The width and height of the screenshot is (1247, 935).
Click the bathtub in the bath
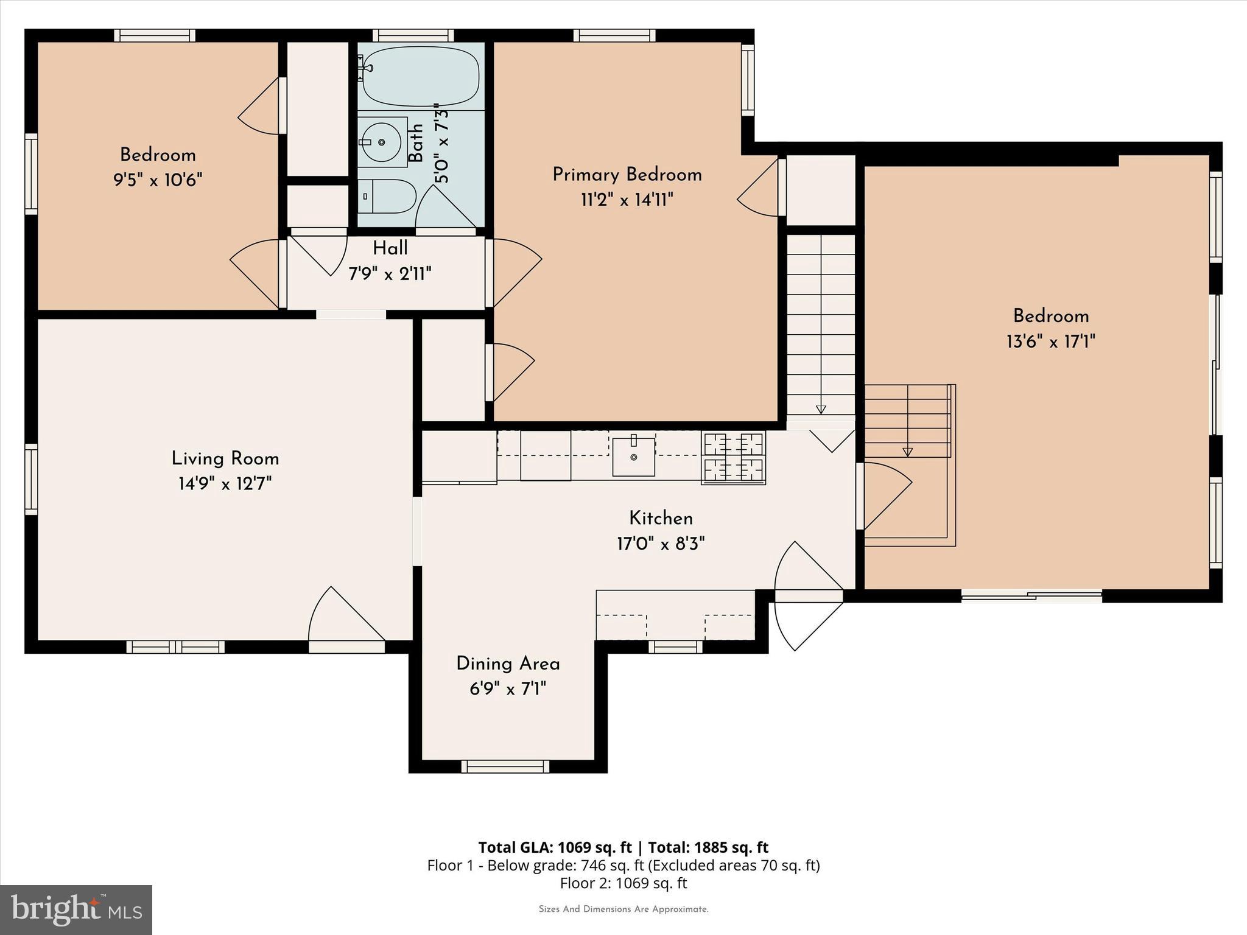click(x=421, y=75)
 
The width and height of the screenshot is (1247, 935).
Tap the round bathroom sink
click(x=382, y=142)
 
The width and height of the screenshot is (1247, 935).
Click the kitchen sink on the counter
click(x=633, y=456)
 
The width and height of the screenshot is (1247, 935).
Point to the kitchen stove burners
click(x=733, y=457)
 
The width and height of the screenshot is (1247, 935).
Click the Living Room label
click(x=225, y=458)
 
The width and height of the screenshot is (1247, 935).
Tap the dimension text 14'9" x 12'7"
click(x=225, y=484)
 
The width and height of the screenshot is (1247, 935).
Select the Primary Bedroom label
click(x=627, y=175)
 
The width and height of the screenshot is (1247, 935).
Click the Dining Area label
click(x=508, y=664)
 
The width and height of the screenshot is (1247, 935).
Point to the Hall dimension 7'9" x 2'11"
click(x=390, y=274)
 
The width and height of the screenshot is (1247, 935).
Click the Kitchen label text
click(x=661, y=519)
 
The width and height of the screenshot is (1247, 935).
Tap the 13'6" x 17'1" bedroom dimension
click(x=1050, y=341)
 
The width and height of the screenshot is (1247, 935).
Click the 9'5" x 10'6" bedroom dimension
click(x=158, y=180)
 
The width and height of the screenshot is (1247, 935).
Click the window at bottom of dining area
click(x=505, y=766)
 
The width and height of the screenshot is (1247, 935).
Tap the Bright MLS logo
click(x=76, y=909)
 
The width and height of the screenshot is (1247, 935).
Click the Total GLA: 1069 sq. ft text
click(x=555, y=847)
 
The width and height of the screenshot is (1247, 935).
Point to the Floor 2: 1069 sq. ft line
click(x=623, y=883)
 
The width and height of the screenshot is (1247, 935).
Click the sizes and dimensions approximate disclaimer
click(x=623, y=909)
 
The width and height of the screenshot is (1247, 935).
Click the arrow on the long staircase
click(x=821, y=410)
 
